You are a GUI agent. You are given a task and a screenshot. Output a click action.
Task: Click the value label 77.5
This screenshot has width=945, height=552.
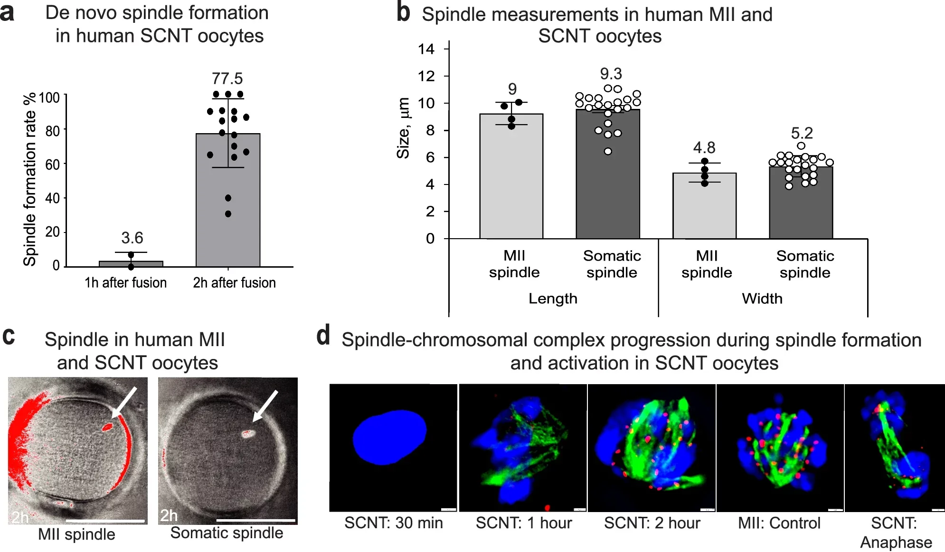pos(227,78)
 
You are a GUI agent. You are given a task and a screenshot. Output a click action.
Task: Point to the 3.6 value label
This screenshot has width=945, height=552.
pos(132,238)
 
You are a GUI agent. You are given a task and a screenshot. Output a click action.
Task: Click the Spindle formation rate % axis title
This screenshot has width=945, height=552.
pos(29,179)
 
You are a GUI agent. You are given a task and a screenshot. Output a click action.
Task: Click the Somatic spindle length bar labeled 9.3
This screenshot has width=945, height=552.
pos(608,190)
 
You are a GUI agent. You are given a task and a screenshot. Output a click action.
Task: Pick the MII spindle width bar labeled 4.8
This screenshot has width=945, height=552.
pos(704,209)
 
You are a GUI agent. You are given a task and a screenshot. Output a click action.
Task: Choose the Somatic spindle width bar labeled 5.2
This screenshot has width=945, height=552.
pos(801,209)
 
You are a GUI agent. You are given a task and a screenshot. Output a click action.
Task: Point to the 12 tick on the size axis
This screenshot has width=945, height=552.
pos(426,76)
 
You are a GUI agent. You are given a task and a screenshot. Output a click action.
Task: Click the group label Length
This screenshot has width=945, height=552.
pos(553,299)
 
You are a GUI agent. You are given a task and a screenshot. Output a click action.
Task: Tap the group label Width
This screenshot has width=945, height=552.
pos(762,299)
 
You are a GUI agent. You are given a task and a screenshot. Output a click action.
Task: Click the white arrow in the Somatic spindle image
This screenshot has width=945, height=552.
pos(265,406)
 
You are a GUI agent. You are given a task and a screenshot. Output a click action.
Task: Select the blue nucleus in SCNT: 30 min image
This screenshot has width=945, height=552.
pos(389,436)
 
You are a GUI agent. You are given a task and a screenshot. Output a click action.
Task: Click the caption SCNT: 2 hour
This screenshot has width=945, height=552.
pos(652,523)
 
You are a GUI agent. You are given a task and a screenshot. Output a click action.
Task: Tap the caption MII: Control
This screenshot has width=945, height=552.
pos(779,523)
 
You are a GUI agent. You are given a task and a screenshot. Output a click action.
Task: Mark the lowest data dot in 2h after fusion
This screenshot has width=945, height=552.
pos(228,214)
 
